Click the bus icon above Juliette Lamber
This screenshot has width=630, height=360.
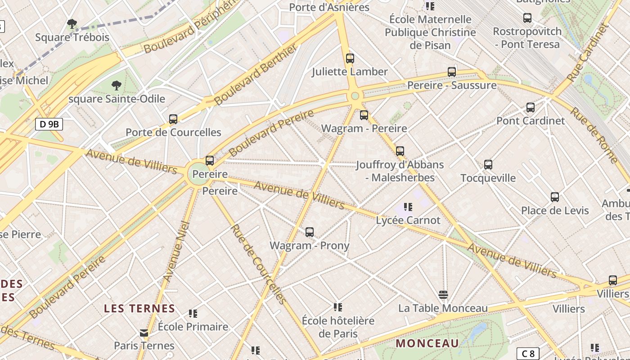350,58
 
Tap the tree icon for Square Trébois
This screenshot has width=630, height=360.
72,24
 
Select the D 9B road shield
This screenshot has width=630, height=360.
49,124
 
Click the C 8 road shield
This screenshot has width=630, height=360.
527,354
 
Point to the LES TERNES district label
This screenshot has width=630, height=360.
139,309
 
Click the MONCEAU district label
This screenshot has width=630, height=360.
427,343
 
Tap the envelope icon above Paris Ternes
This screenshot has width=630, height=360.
144,333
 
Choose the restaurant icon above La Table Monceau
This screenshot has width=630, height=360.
443,295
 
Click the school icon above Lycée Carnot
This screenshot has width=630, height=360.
408,207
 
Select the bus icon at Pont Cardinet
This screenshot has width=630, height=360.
531,108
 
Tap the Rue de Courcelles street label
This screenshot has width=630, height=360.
258,264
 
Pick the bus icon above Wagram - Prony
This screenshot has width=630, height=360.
309,232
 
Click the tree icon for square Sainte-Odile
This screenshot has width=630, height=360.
117,85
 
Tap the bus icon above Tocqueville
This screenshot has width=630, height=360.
488,165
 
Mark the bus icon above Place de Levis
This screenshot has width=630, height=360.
555,197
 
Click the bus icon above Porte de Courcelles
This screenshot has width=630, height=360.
173,119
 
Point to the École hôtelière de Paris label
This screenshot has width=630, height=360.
338,327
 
